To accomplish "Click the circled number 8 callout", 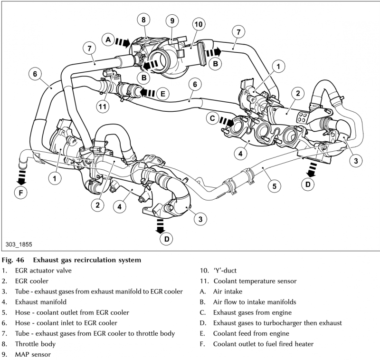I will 143,19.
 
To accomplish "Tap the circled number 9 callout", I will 172,20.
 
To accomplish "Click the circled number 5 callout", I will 274,186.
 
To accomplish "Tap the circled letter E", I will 162,94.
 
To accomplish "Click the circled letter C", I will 212,117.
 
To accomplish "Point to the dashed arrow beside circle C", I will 227,122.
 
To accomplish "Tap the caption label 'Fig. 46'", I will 14,260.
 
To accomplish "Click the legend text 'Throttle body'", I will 36,344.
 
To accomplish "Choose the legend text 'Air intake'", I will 228,292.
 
